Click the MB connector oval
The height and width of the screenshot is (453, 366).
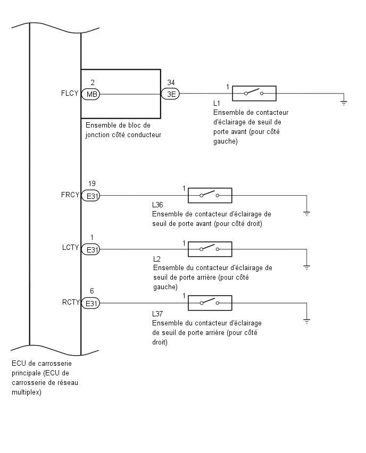(x=90, y=94)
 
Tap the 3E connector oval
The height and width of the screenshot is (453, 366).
(x=170, y=94)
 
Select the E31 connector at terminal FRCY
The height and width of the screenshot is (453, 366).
(x=90, y=196)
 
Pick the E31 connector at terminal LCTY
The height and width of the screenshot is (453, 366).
(x=90, y=249)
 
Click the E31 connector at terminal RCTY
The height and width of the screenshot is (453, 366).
(x=90, y=304)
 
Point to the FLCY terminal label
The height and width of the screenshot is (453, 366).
(x=70, y=94)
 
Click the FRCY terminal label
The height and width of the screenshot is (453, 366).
(x=70, y=195)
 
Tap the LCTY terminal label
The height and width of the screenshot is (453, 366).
(x=71, y=248)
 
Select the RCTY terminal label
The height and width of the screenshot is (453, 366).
(x=71, y=302)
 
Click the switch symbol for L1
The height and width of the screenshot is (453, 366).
(x=254, y=94)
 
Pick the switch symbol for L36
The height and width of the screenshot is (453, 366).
(x=210, y=195)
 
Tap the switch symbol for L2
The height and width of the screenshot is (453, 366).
(x=210, y=249)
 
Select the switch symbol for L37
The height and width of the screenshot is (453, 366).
(x=210, y=303)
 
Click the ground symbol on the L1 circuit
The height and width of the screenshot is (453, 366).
(x=344, y=102)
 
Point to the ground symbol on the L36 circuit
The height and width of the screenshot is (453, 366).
(x=307, y=214)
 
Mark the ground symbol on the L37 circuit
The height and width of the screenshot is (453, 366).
(x=307, y=321)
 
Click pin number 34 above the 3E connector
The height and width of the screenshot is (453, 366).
(x=171, y=82)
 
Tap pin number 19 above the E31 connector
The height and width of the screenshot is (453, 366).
(x=92, y=183)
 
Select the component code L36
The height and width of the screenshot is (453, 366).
(x=157, y=205)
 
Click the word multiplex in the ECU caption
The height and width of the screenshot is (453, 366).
(x=27, y=392)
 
